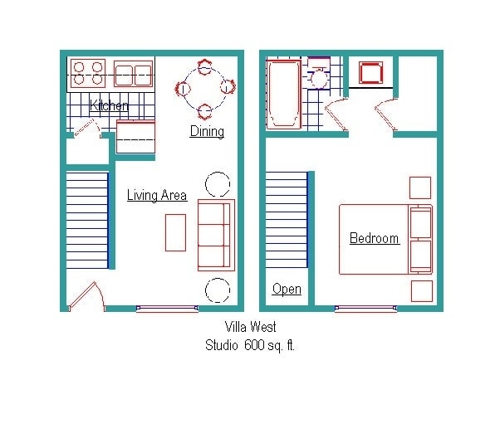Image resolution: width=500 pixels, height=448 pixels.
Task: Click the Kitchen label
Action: click(109, 106)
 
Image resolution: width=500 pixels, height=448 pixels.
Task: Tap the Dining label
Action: click(207, 131)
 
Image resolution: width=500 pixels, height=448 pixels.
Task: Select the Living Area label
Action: click(157, 196)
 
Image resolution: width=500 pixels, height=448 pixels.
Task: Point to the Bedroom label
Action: click(374, 239)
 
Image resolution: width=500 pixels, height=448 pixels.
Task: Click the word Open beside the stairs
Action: click(287, 289)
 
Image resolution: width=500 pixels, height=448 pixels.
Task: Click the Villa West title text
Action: click(250, 328)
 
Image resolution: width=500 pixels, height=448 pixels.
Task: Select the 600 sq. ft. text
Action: click(269, 345)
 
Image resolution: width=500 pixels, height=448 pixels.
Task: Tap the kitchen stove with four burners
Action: click(87, 73)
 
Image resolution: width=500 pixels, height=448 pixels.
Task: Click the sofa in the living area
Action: click(216, 234)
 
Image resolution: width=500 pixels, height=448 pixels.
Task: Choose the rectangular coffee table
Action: click(175, 232)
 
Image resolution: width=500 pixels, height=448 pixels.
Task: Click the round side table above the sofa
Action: click(218, 183)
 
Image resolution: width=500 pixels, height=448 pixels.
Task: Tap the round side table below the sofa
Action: click(218, 290)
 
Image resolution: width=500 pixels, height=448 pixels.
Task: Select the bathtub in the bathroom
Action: click(284, 94)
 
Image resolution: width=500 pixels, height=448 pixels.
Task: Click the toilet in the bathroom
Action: click(318, 77)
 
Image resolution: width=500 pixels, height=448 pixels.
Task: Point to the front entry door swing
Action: click(86, 297)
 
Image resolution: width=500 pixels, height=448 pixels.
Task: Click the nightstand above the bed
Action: click(420, 187)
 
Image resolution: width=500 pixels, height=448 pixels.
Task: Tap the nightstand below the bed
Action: click(421, 290)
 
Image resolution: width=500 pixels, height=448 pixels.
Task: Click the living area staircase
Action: click(87, 218)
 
